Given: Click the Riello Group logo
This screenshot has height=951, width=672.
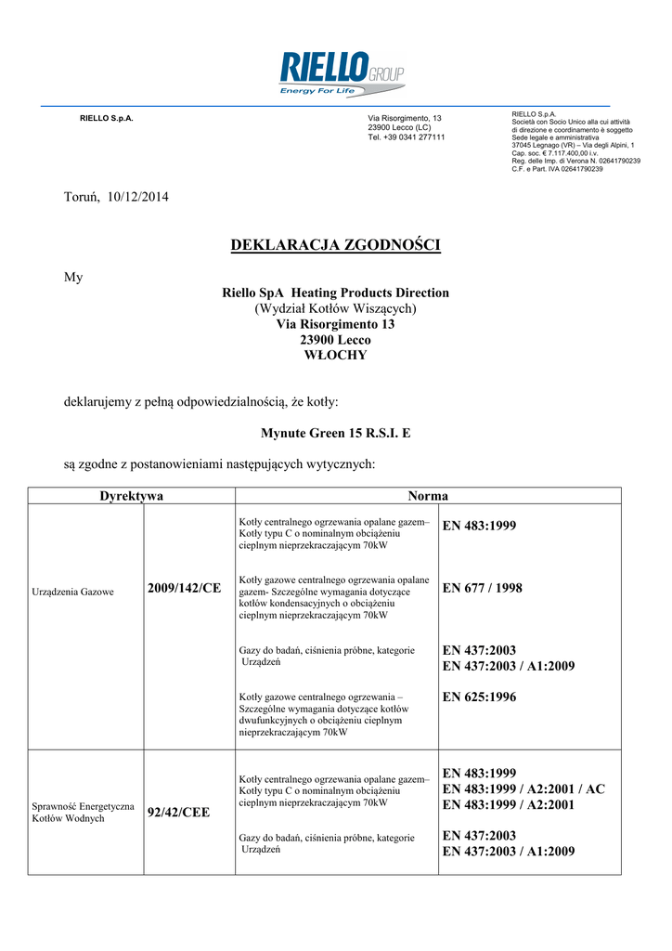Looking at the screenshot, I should click(342, 73).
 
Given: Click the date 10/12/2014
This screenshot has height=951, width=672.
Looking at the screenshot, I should click(138, 197).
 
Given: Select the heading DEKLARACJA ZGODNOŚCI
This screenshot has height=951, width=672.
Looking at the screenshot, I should click(335, 245).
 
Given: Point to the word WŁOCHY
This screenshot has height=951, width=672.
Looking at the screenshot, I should click(335, 355).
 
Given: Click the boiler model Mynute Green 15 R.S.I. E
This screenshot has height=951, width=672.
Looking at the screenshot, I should click(335, 432).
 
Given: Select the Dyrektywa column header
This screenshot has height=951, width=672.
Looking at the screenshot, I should click(131, 496).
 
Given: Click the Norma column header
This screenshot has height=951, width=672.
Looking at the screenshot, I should click(427, 496).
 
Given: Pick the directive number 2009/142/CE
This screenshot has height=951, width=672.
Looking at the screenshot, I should click(184, 589).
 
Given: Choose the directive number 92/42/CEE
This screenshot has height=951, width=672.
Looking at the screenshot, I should click(178, 813).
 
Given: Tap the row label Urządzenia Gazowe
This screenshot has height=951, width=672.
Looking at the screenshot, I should click(73, 592).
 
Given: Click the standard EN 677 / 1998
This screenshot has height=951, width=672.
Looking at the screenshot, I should click(483, 587).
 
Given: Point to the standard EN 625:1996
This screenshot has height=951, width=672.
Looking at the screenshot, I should click(479, 697).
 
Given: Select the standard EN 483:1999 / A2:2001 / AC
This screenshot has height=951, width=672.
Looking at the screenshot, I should click(523, 788).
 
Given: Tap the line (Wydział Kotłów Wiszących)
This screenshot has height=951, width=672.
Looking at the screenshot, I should click(335, 308).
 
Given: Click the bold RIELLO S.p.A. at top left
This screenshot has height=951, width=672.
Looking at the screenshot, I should click(107, 119).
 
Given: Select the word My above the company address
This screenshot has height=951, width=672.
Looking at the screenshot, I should click(72, 277).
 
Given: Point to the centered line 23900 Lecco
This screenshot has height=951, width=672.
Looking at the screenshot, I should click(335, 340).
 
